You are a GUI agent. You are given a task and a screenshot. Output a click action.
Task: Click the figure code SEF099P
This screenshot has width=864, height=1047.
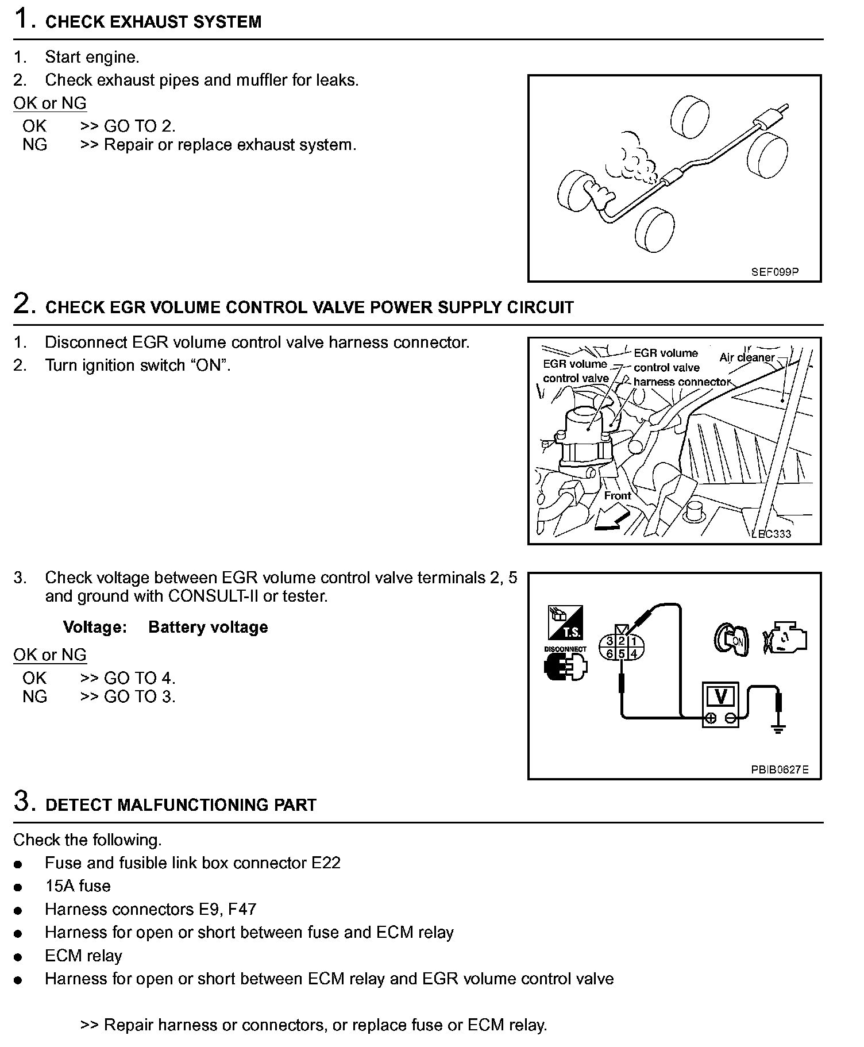click(774, 272)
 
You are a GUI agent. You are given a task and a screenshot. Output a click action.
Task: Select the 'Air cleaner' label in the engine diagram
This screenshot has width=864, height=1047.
click(747, 357)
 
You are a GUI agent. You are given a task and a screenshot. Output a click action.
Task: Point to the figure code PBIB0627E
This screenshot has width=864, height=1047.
click(780, 769)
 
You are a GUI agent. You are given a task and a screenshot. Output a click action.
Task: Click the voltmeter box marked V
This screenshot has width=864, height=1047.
click(721, 705)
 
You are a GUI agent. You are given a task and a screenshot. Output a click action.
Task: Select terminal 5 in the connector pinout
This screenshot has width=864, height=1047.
click(622, 654)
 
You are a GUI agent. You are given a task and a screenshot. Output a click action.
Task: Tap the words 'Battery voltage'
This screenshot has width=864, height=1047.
click(208, 627)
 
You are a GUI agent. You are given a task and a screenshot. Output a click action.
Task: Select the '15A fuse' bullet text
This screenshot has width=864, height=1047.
click(78, 886)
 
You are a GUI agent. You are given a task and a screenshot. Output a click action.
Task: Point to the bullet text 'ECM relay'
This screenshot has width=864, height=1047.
click(83, 956)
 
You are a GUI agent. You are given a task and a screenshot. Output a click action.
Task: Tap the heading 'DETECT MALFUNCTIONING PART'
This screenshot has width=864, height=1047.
click(180, 805)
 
